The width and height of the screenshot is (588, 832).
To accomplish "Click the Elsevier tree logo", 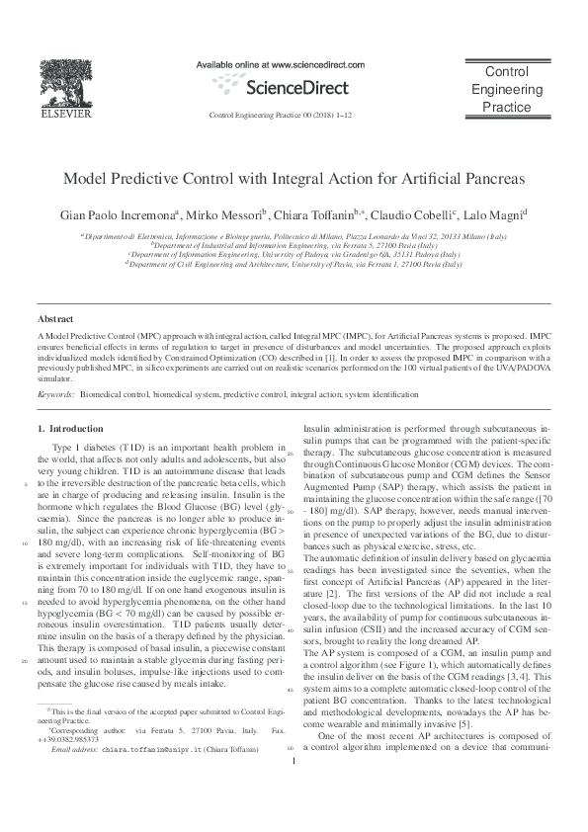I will click(64, 78).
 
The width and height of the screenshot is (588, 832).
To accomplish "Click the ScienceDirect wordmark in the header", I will click(294, 87).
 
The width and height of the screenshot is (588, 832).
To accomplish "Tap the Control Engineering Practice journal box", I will click(508, 89).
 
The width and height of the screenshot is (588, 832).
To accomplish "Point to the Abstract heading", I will click(55, 319).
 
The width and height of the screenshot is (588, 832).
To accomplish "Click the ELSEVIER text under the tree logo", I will click(64, 115).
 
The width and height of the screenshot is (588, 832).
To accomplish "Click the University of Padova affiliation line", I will click(294, 255).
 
